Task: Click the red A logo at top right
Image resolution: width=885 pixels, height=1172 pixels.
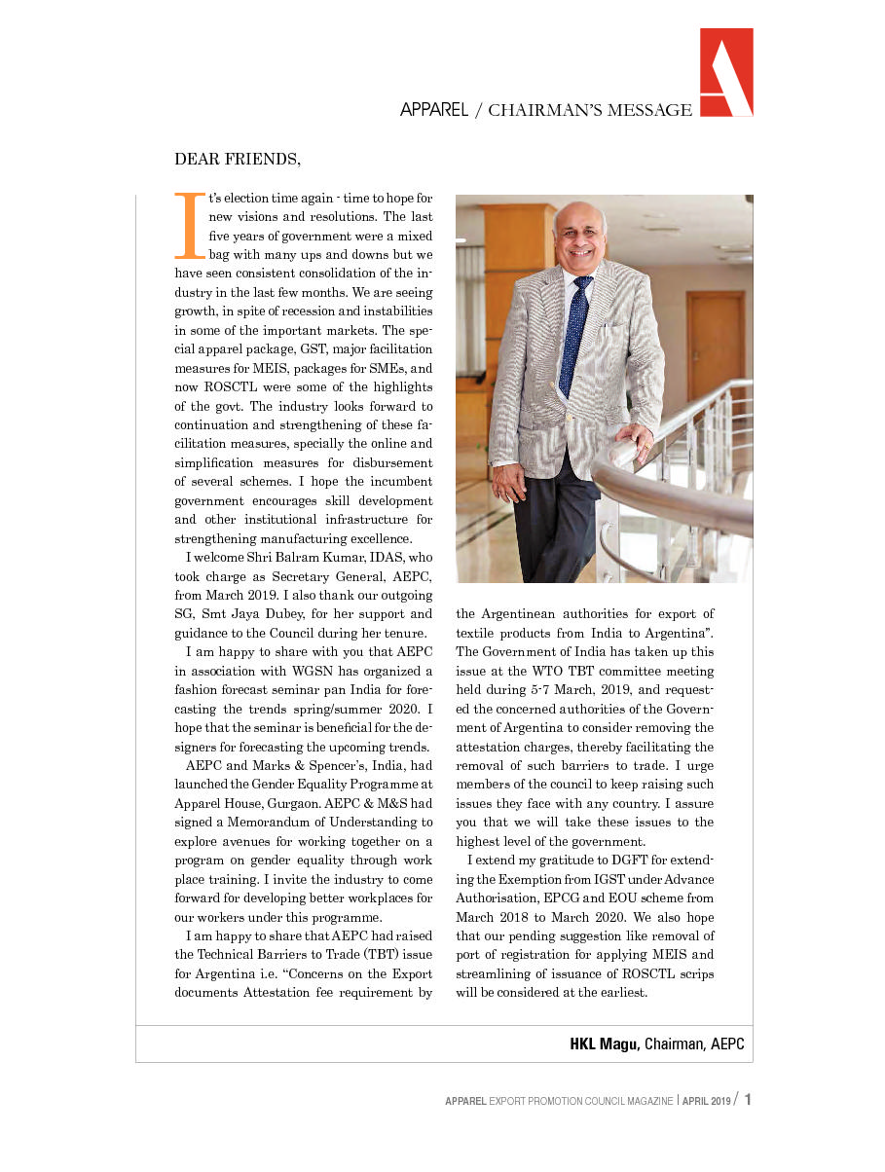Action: (x=725, y=72)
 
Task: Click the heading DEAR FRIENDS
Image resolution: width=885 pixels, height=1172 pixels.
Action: (x=238, y=159)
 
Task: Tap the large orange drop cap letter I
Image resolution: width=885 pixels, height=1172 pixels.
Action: (x=189, y=225)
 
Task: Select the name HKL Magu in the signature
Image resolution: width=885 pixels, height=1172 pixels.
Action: (x=604, y=1044)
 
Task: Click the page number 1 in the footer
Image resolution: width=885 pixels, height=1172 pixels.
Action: (x=747, y=1100)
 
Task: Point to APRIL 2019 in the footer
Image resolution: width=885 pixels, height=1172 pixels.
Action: (x=707, y=1101)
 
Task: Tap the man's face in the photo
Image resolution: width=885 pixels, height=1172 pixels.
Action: (x=579, y=239)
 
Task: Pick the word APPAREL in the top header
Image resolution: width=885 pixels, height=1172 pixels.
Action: (x=434, y=110)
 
